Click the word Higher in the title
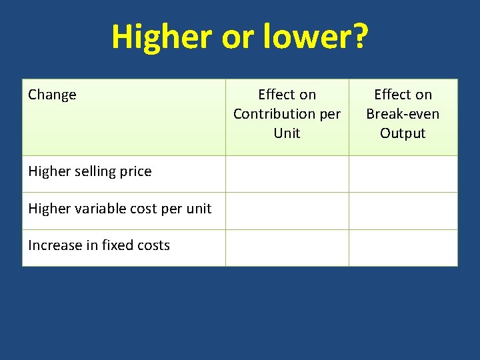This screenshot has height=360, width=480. pyautogui.click(x=161, y=37)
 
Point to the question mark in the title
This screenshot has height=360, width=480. pyautogui.click(x=359, y=37)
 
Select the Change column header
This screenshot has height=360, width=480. pyautogui.click(x=52, y=95)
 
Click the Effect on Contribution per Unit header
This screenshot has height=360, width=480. pyautogui.click(x=287, y=114)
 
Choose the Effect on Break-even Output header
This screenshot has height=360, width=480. pyautogui.click(x=403, y=114)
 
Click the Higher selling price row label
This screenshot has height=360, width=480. pyautogui.click(x=90, y=171)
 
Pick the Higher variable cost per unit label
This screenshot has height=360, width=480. pyautogui.click(x=119, y=209)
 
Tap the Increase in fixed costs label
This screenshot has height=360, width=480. pyautogui.click(x=99, y=245)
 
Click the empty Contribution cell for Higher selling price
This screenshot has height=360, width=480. pyautogui.click(x=287, y=174)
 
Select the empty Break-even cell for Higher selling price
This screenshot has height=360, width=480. pyautogui.click(x=403, y=174)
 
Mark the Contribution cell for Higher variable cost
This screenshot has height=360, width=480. pyautogui.click(x=287, y=211)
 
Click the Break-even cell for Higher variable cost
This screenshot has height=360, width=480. pyautogui.click(x=403, y=211)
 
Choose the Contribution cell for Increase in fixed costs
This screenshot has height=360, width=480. pyautogui.click(x=287, y=247)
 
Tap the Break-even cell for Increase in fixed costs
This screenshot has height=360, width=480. pyautogui.click(x=403, y=247)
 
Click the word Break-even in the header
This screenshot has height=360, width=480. pyautogui.click(x=403, y=114)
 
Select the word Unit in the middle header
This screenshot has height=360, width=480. pyautogui.click(x=287, y=133)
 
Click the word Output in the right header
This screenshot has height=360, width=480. pyautogui.click(x=403, y=133)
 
